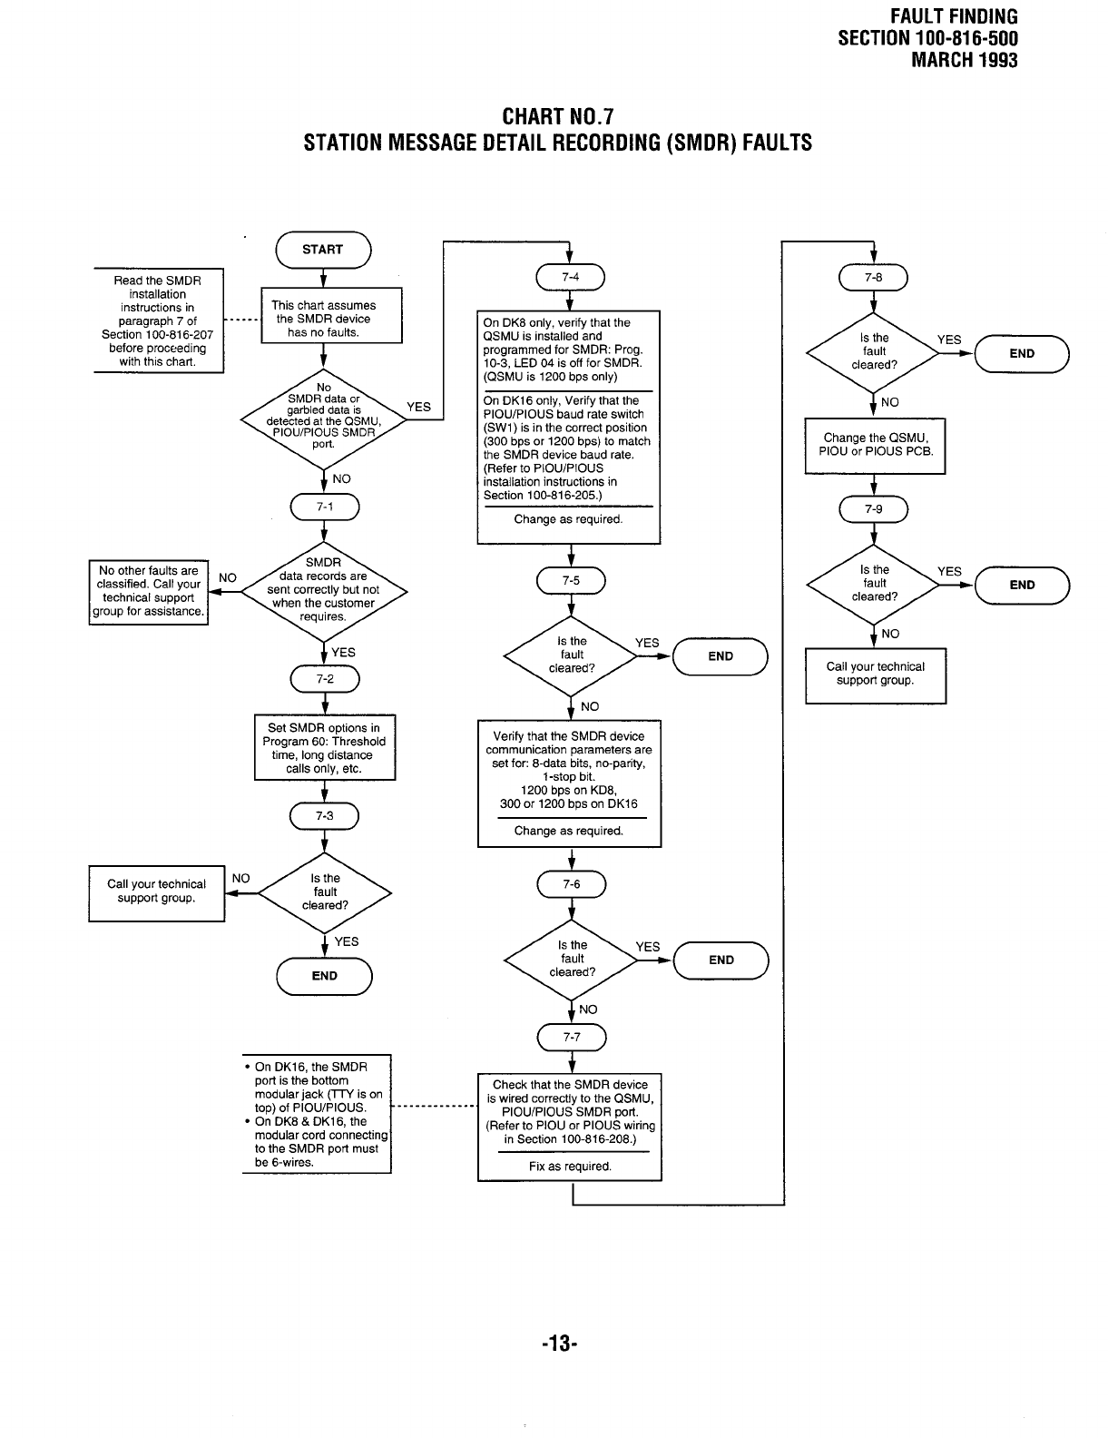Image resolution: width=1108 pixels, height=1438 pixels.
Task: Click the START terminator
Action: pos(323,250)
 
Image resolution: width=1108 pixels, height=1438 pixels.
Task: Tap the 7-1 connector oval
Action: pos(324,507)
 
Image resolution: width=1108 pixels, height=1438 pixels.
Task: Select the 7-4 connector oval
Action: pos(570,277)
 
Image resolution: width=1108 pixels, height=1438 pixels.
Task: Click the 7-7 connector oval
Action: pos(572,1037)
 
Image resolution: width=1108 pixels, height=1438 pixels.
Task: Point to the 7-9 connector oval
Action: pos(873,509)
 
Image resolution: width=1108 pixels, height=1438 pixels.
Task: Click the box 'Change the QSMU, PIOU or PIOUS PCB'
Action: pos(875,445)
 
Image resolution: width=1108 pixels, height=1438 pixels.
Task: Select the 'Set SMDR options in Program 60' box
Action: pos(324,748)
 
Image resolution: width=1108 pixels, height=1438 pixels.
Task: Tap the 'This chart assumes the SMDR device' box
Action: pos(331,317)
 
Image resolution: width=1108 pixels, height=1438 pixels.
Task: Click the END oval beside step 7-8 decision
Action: pos(1022,354)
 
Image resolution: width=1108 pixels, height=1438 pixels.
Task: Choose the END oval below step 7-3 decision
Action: pos(324,976)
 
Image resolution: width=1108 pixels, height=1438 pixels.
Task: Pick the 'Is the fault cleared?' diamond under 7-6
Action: pos(572,960)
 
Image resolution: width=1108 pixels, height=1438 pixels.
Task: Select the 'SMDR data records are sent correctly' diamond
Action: pos(323,591)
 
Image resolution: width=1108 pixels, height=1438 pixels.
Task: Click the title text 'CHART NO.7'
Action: pos(557,117)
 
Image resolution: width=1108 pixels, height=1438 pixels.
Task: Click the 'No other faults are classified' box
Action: pos(149,592)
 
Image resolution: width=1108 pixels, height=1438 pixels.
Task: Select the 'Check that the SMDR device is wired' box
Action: pos(570,1127)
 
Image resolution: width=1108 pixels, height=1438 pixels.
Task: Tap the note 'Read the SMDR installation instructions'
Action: pos(158,320)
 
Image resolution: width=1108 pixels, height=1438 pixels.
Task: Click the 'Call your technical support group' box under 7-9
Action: pos(875,675)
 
